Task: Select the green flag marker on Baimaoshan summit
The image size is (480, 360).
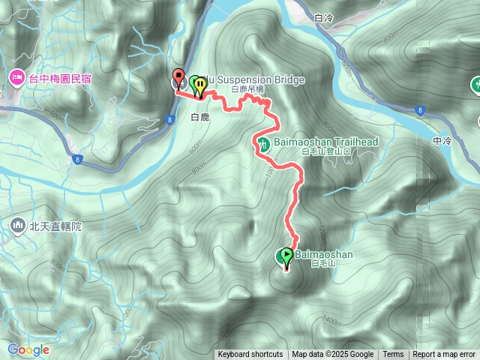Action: click(x=286, y=257)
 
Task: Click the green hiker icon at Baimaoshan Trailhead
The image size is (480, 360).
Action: click(x=262, y=143)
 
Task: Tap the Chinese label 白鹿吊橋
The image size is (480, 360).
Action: click(x=247, y=90)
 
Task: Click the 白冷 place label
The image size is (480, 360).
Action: click(x=324, y=16)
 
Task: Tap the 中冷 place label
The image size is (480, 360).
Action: click(x=442, y=140)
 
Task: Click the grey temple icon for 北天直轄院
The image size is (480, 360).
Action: click(x=16, y=224)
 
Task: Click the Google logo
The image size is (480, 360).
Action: click(x=28, y=349)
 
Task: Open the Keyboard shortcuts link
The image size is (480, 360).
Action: click(x=250, y=355)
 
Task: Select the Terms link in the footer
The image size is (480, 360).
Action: click(x=393, y=355)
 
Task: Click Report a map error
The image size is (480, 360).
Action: click(x=445, y=355)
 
